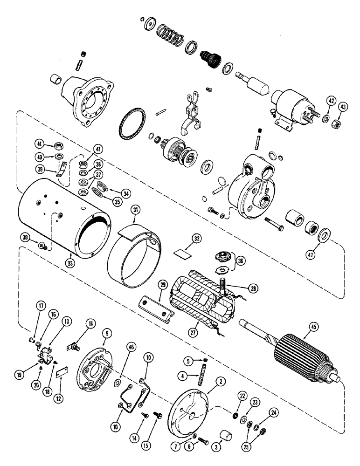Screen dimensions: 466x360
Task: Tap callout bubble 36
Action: coord(240,261)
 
